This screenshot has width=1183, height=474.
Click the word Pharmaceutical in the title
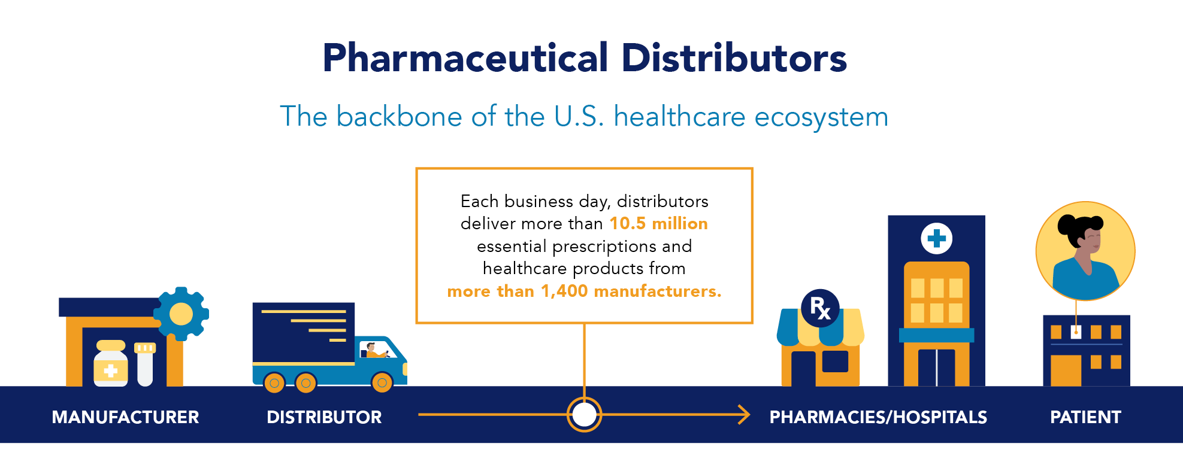(x=465, y=59)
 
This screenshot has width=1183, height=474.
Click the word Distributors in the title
(x=734, y=59)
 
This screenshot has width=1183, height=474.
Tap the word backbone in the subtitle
(x=399, y=116)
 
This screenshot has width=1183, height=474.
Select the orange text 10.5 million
(x=658, y=224)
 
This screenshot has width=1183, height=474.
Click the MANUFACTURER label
(x=125, y=417)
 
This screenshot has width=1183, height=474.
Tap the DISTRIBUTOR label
(x=324, y=417)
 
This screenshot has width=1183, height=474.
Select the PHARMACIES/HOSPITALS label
(x=878, y=417)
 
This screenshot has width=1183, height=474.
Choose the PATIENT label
(x=1085, y=417)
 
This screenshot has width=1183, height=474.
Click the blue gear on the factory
(x=181, y=314)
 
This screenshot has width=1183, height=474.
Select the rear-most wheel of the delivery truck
(x=274, y=382)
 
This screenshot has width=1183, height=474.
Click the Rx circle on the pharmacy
(x=820, y=308)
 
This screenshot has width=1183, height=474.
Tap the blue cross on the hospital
(x=936, y=238)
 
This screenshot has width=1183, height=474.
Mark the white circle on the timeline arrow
(x=584, y=414)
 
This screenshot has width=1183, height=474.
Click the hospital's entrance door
(x=936, y=367)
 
